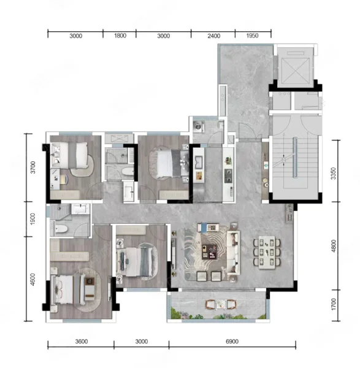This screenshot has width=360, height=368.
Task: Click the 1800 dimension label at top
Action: tap(120, 36)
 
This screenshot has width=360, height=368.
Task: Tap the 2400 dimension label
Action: tap(214, 36)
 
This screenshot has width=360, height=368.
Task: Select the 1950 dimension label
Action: tap(252, 36)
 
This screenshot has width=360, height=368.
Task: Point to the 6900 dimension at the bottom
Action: tap(232, 342)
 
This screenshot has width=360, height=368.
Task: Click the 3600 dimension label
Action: tap(82, 342)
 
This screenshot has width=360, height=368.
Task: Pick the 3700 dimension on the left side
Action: tap(33, 167)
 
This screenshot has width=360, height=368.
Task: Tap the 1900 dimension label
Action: tap(33, 219)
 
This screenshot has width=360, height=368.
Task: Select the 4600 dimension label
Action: tap(33, 280)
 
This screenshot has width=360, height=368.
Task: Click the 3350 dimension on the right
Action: tap(333, 174)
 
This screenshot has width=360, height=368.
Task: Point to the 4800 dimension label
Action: tap(333, 246)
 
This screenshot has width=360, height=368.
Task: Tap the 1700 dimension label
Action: tap(333, 304)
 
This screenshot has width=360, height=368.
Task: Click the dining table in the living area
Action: tap(267, 252)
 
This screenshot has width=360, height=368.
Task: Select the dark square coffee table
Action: tap(210, 251)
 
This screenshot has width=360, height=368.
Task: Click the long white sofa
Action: tap(233, 252)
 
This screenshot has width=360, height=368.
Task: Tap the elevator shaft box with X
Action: tap(296, 71)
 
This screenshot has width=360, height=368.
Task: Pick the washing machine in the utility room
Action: tap(198, 126)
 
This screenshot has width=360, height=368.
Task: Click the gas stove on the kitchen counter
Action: tap(228, 175)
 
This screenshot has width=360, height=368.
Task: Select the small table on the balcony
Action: tap(221, 304)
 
